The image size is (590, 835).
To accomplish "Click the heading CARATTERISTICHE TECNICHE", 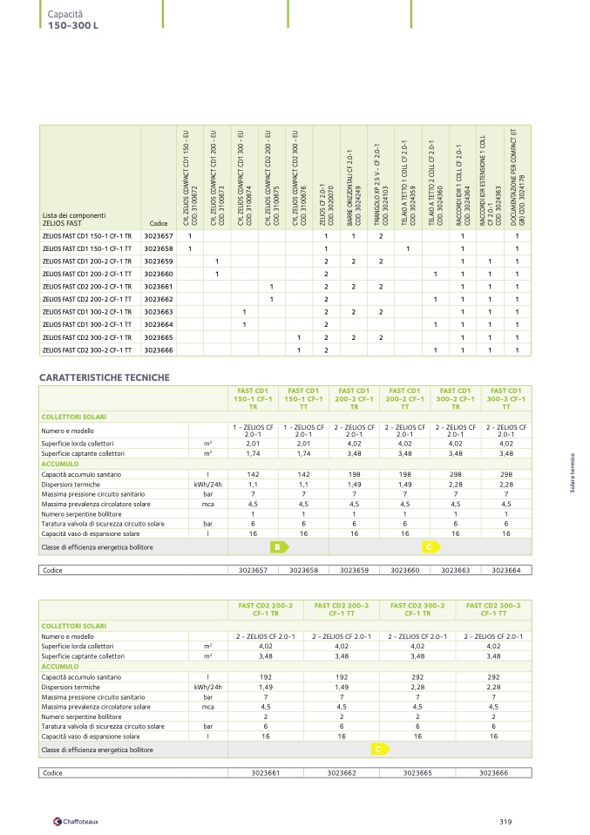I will coord(104,377).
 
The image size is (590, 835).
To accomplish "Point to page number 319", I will coord(506,820).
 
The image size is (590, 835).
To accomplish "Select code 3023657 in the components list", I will coord(159,236).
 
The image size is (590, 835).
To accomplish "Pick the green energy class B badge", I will coord(277,546).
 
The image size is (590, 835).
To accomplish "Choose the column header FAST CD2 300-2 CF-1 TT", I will coord(493,608).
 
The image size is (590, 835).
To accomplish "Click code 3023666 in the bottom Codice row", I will coord(493,772).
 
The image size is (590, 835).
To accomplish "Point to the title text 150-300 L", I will coord(74,24).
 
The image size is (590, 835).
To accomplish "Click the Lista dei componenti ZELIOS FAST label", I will coord(74,219).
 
